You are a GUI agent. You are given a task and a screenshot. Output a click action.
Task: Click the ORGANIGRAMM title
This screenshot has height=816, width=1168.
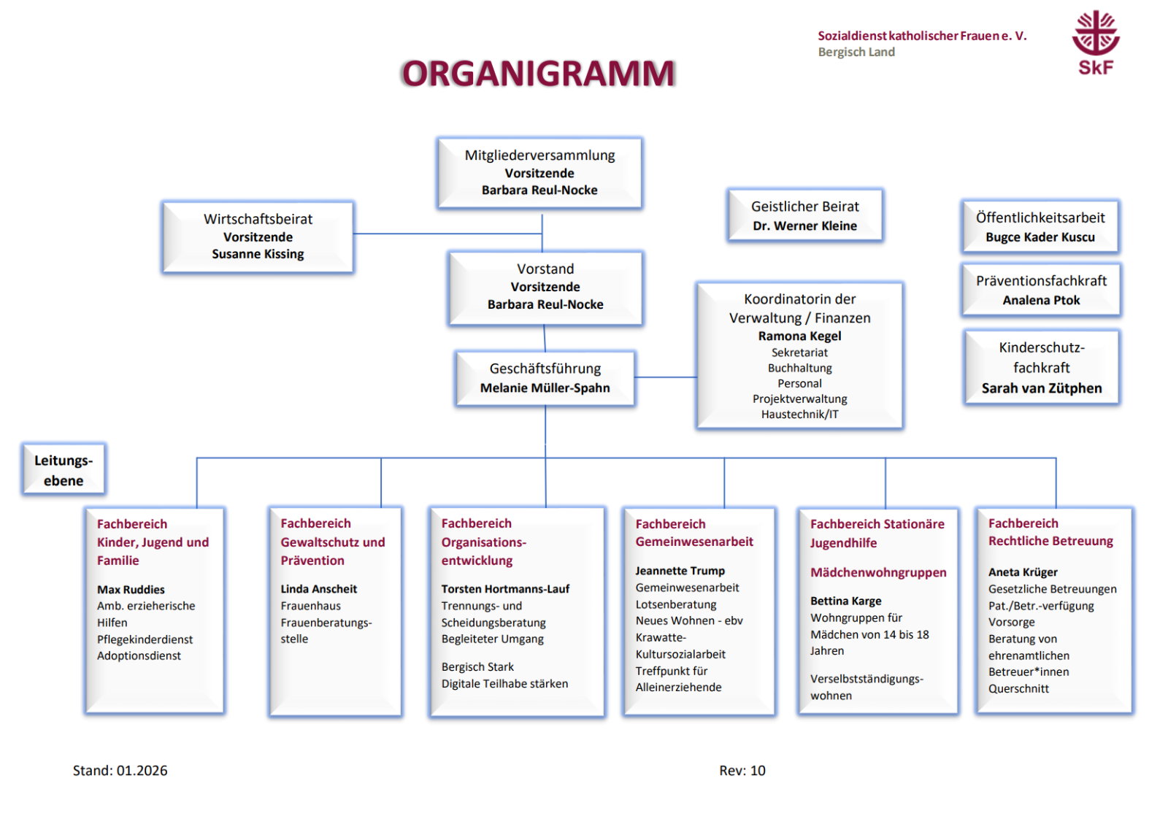click(538, 74)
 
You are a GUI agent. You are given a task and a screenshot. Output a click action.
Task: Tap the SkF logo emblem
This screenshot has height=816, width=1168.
click(1095, 33)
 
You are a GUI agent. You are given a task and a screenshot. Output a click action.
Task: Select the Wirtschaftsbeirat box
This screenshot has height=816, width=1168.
click(258, 236)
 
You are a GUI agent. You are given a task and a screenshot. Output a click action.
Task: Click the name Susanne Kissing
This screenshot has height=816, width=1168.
click(258, 254)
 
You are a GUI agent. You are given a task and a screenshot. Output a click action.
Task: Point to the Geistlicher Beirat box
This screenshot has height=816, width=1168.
click(805, 215)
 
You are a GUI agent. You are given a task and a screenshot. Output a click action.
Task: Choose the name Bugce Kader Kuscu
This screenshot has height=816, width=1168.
click(1040, 237)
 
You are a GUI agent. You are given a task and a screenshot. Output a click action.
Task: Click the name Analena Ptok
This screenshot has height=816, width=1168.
click(1041, 300)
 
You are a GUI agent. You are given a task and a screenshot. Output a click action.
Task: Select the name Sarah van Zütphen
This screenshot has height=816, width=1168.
click(1041, 388)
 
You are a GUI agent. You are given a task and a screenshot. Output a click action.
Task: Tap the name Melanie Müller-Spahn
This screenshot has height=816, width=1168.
click(545, 388)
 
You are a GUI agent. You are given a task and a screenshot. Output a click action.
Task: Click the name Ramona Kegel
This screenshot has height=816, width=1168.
click(799, 336)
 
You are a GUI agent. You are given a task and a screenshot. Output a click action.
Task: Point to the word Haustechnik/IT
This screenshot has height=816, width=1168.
click(799, 415)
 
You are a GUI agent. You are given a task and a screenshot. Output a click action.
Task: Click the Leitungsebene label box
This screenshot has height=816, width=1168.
click(64, 470)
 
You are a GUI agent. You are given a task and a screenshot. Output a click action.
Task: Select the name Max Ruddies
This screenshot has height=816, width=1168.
click(131, 590)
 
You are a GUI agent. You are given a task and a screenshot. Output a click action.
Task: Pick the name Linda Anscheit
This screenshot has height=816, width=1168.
click(319, 589)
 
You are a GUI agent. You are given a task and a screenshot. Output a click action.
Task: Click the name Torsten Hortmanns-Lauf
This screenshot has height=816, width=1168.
click(505, 589)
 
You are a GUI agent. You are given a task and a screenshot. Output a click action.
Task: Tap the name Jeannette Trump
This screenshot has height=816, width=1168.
click(680, 571)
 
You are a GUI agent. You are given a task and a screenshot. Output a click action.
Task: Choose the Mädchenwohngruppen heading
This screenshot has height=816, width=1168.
click(878, 573)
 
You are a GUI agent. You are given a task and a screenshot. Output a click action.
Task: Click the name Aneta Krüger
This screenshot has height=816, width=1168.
click(1023, 572)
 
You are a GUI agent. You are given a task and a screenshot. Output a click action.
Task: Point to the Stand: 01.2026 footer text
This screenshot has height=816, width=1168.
click(120, 771)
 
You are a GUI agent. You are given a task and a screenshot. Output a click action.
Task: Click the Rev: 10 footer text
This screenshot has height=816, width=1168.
click(742, 771)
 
